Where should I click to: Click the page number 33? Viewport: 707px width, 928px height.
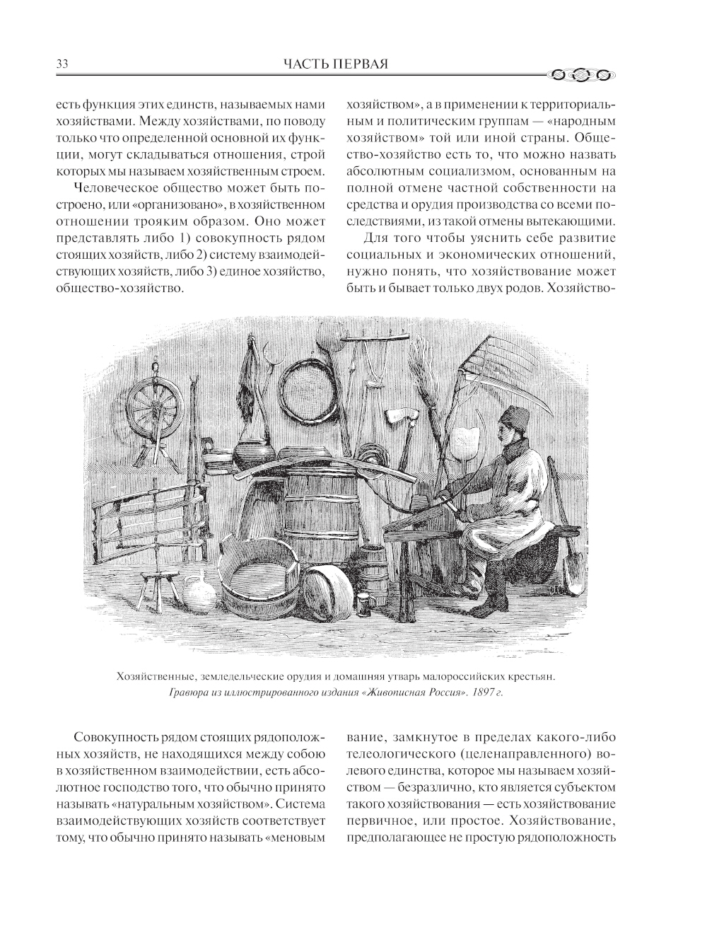(61, 65)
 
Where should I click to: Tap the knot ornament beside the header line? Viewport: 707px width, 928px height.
(579, 73)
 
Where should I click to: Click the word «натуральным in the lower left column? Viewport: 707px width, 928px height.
(216, 805)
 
